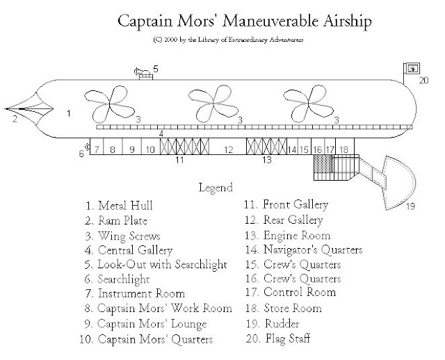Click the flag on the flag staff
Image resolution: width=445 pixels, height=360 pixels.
coord(412,68)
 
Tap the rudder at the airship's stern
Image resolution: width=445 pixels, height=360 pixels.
coord(397,183)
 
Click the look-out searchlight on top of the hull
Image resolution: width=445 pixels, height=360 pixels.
coord(143,74)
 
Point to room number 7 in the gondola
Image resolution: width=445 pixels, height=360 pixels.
coord(97,147)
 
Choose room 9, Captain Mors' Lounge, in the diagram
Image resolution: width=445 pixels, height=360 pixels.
coord(131,147)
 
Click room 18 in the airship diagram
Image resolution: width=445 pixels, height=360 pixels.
coord(345,147)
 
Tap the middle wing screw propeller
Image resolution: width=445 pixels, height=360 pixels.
coord(213,104)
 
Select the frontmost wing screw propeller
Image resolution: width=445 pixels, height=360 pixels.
coord(110,104)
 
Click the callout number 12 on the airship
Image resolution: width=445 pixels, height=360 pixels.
coord(228,149)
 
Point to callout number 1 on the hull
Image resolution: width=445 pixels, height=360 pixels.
coord(68,113)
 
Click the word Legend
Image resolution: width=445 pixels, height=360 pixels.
coord(216,188)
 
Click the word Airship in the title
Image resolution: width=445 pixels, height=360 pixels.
coord(348,22)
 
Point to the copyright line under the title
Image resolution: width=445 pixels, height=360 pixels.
coord(228,40)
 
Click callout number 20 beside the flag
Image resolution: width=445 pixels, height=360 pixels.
coord(423,81)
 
